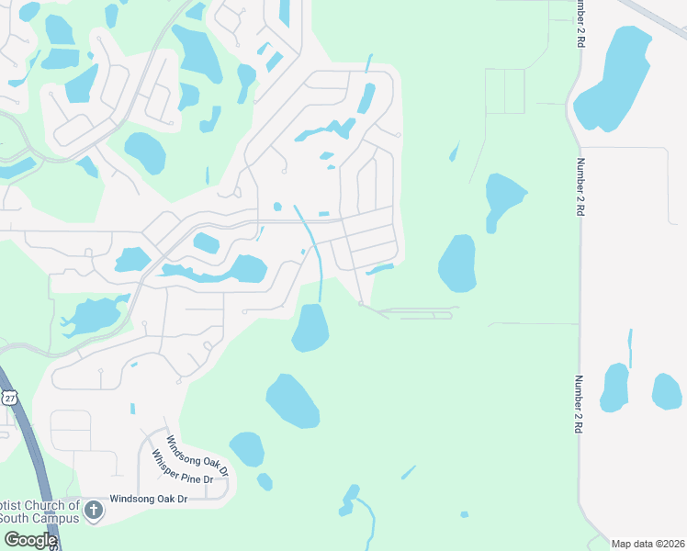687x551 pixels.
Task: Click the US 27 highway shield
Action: click(9, 397)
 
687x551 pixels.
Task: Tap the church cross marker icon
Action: click(93, 510)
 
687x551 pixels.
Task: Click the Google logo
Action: click(29, 540)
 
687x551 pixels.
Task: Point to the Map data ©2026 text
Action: click(648, 544)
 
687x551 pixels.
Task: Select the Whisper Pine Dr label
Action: click(182, 467)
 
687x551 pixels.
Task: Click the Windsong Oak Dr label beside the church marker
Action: click(148, 499)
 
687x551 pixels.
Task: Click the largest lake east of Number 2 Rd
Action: click(614, 78)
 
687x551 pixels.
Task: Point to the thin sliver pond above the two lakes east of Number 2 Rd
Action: click(630, 348)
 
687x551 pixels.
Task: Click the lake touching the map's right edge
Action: click(667, 391)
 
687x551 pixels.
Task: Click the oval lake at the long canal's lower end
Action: click(310, 328)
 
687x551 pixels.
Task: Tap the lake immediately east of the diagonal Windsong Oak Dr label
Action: click(246, 448)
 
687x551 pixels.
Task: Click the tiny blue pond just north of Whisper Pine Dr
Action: click(132, 408)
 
